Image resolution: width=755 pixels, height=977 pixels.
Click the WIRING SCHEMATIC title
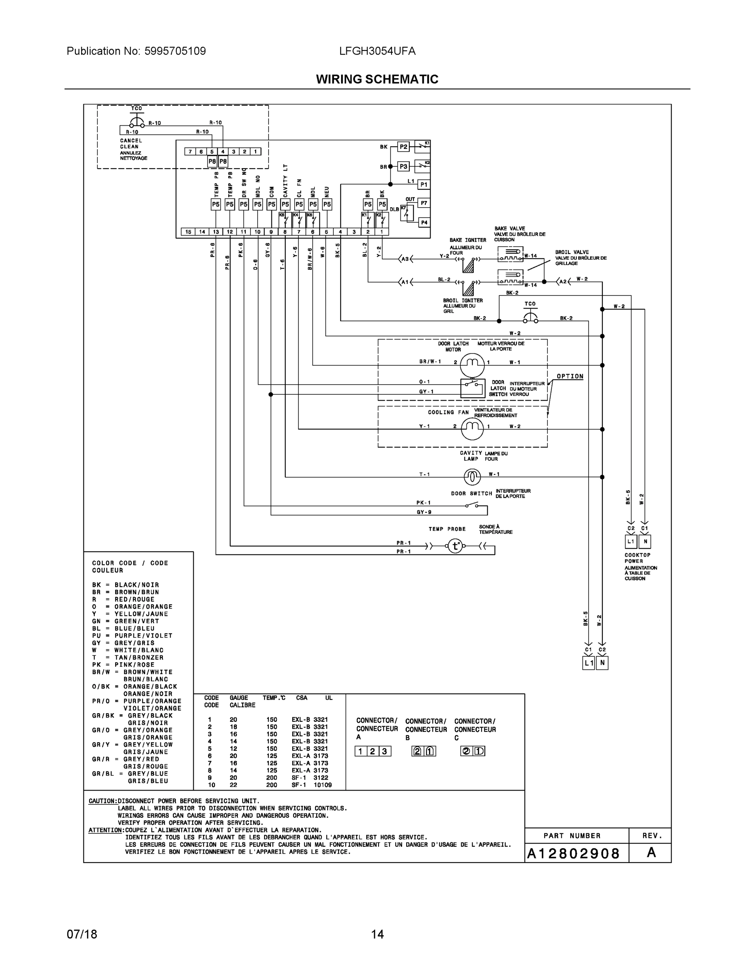click(377, 79)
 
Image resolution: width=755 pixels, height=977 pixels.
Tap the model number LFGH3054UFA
click(377, 51)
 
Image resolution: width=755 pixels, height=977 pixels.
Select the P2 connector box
click(403, 147)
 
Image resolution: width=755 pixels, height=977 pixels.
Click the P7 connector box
click(424, 203)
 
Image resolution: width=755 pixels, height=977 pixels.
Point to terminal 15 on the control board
click(188, 232)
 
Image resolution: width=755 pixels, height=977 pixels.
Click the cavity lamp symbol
click(472, 477)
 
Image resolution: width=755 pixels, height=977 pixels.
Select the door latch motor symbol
click(472, 364)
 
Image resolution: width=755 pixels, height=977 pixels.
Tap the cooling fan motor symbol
click(472, 429)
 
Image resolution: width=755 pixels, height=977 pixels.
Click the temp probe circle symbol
click(455, 546)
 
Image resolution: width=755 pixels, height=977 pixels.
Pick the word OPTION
click(570, 376)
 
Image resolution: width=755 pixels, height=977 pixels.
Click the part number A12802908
click(573, 854)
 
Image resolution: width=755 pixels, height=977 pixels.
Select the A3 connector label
click(405, 259)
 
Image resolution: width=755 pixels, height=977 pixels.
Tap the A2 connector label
click(562, 281)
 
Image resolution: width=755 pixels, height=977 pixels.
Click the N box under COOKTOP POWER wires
click(645, 541)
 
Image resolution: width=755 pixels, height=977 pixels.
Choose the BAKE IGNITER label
click(467, 240)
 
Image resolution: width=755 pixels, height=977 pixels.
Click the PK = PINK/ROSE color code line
click(123, 665)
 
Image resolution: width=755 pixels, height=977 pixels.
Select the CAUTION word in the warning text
click(103, 801)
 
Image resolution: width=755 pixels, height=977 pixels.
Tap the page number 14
click(377, 934)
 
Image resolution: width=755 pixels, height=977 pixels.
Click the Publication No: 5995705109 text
click(136, 51)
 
